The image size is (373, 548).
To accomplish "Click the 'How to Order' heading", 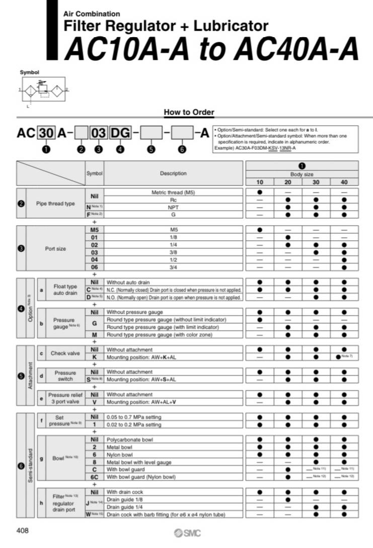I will [x=189, y=112].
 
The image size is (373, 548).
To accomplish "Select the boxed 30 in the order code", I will [x=46, y=133].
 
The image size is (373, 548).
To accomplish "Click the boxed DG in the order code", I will [x=120, y=133].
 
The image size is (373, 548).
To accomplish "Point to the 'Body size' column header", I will [x=302, y=173].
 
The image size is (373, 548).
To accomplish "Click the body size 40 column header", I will [x=344, y=181].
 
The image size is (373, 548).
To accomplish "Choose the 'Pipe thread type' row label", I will [x=55, y=204].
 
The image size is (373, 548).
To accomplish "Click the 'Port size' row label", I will [x=55, y=248].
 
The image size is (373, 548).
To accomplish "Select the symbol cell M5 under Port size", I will [x=94, y=229].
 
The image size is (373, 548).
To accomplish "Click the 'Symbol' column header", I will [x=94, y=173].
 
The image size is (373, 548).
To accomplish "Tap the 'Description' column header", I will [x=173, y=173].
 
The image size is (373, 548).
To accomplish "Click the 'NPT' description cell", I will [x=173, y=207].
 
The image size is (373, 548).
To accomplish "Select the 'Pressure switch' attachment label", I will [x=65, y=376].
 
